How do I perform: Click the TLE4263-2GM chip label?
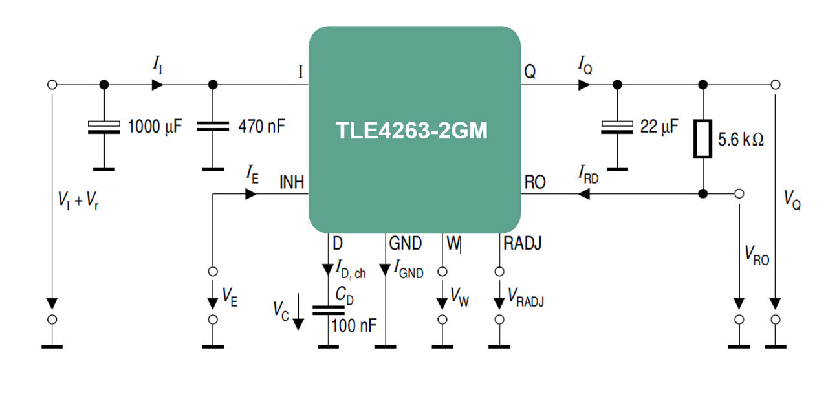click(411, 131)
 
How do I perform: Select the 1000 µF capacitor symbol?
click(103, 127)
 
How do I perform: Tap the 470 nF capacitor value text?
click(261, 125)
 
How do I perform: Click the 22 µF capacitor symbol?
click(617, 127)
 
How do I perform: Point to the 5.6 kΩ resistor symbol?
click(703, 138)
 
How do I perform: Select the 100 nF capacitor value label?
click(353, 325)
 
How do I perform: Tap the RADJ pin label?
click(522, 244)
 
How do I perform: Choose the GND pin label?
click(405, 244)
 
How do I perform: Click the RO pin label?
click(535, 182)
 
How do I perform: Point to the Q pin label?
click(530, 72)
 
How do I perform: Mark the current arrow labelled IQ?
click(584, 85)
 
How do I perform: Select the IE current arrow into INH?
click(251, 193)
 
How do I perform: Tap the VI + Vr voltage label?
click(78, 202)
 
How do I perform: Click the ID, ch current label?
click(351, 268)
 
